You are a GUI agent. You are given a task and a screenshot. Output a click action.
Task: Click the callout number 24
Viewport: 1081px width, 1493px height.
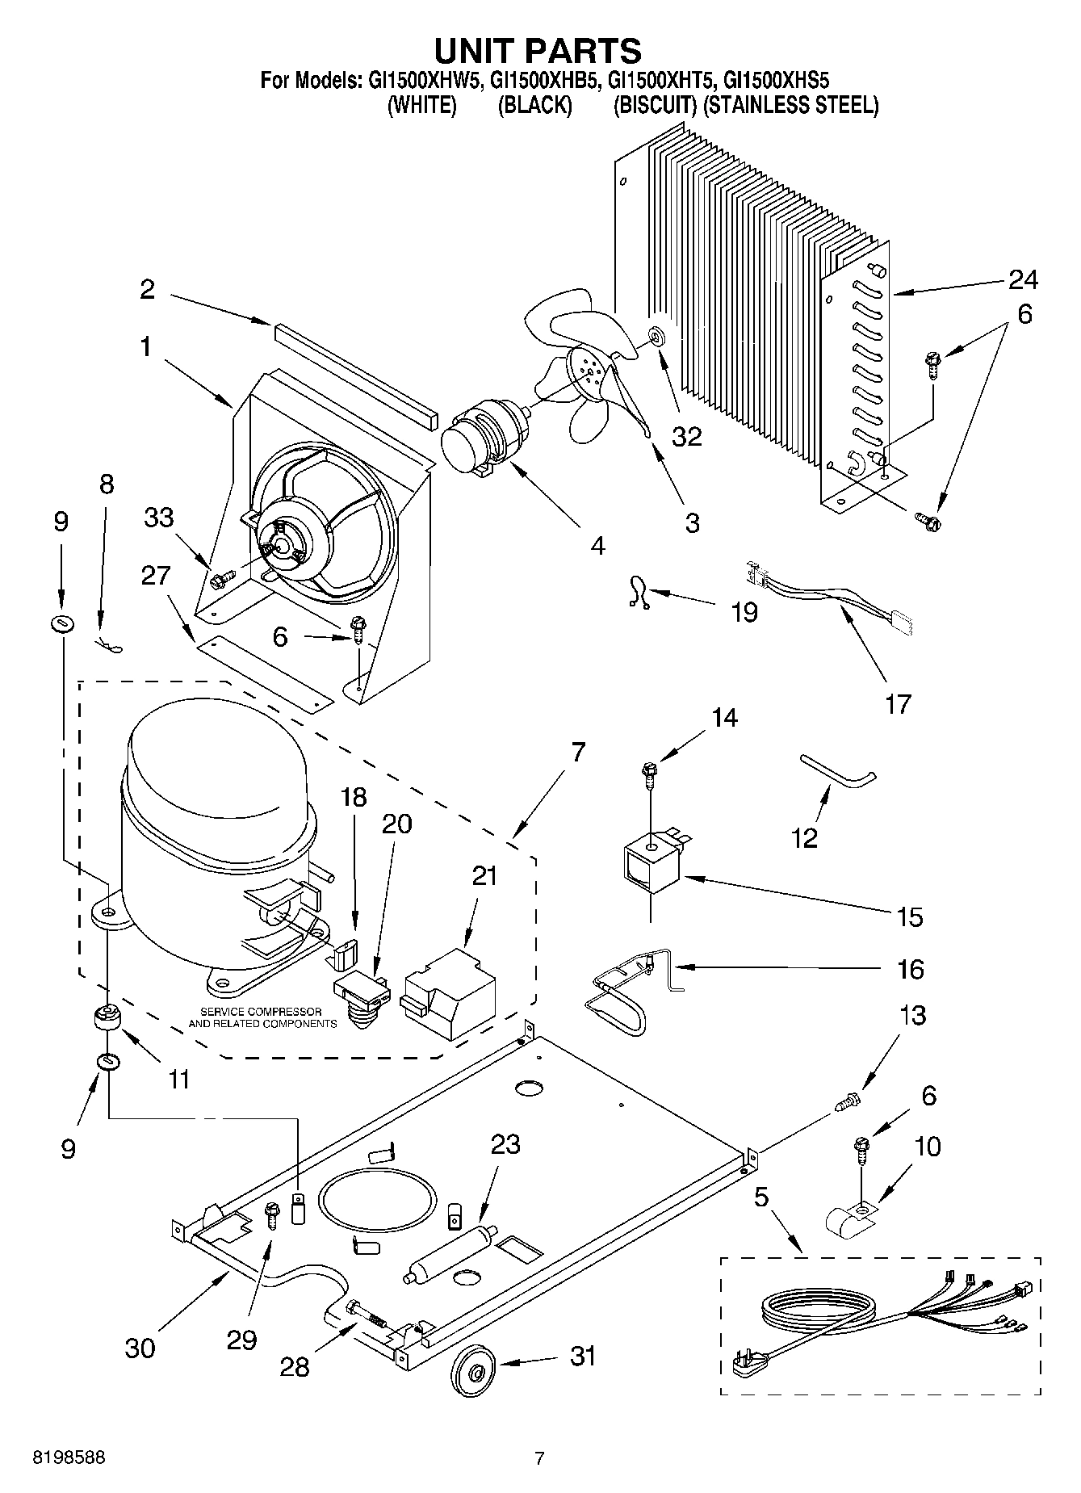1022,279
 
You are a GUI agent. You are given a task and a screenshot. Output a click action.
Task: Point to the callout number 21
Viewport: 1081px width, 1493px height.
484,875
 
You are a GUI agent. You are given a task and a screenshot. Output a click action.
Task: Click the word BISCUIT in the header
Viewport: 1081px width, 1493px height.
655,105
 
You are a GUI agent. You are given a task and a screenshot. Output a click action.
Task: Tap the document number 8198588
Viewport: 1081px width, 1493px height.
69,1458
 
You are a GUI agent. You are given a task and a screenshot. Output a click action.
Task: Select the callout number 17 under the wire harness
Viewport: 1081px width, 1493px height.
897,703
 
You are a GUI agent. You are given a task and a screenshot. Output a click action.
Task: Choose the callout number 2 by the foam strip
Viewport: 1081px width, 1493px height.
147,289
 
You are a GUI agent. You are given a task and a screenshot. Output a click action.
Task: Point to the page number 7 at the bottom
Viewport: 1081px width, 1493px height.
539,1458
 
